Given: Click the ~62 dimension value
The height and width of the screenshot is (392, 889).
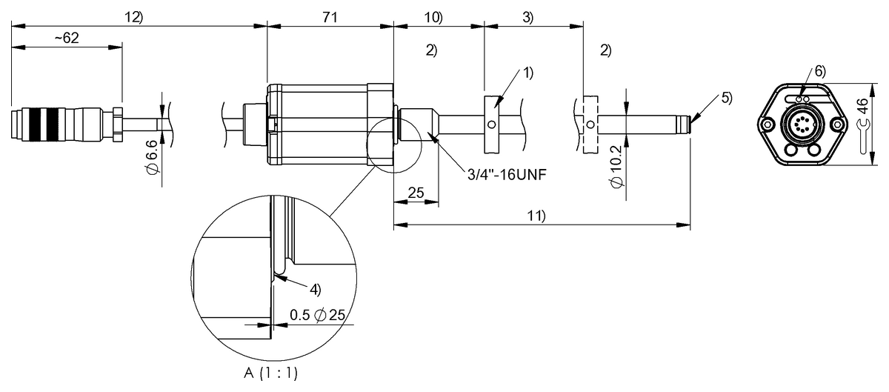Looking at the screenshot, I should tap(66, 39).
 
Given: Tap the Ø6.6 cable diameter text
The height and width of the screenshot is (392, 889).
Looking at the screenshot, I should tap(152, 157).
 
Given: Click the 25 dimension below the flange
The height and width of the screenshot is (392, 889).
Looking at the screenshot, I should tap(416, 193).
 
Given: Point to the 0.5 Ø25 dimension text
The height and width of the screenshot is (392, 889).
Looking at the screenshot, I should tap(318, 315).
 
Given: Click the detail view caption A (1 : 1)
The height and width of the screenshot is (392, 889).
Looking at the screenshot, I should tap(275, 373).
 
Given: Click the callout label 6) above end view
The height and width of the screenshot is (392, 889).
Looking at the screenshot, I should tap(819, 72).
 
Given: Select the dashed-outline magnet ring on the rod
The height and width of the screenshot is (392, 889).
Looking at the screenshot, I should tap(590, 123).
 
